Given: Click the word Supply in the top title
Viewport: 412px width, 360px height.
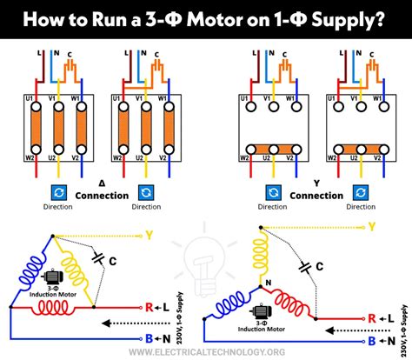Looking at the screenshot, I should (354, 19).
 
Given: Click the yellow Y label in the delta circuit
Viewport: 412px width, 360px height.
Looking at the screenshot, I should (150, 234).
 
